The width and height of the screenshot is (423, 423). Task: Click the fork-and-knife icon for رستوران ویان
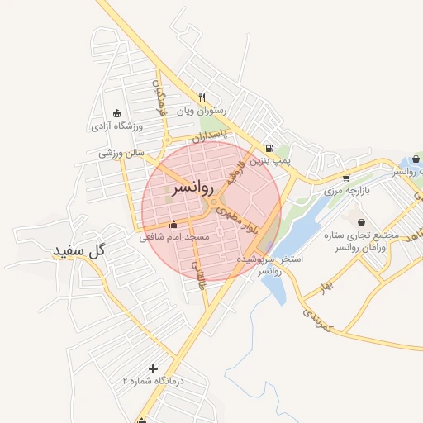click(x=201, y=97)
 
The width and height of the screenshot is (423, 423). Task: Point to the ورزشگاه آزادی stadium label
click(x=116, y=126)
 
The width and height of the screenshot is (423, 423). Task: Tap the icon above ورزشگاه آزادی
click(x=116, y=113)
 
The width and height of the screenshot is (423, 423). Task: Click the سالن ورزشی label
click(x=121, y=153)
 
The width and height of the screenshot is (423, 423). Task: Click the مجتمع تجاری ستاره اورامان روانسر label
click(x=362, y=242)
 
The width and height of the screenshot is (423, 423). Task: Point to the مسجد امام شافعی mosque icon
click(x=173, y=224)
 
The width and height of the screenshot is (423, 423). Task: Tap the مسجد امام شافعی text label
click(x=174, y=237)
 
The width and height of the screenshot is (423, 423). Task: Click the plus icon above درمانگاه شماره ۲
click(x=152, y=368)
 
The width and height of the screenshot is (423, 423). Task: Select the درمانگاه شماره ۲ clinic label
click(x=153, y=381)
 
